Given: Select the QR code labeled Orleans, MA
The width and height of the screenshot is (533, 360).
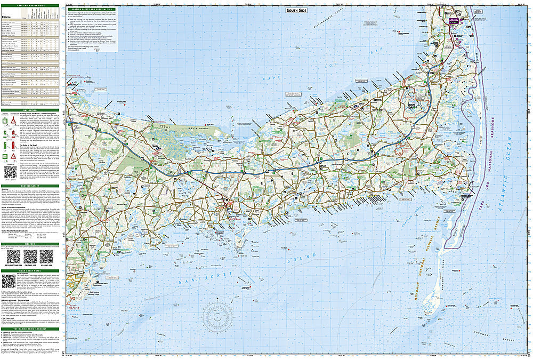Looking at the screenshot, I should [x=32, y=257].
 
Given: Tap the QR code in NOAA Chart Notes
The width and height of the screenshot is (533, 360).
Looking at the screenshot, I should [x=9, y=281].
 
